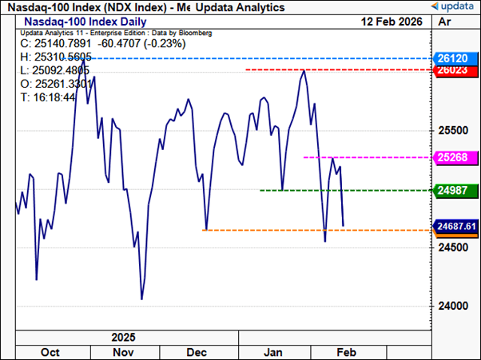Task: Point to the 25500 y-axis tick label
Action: [454, 129]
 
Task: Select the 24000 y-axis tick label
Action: [454, 306]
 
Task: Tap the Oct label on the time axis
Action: [51, 351]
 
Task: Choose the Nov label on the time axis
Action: [123, 351]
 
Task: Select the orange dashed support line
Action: [320, 230]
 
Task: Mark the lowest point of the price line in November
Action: [141, 299]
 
